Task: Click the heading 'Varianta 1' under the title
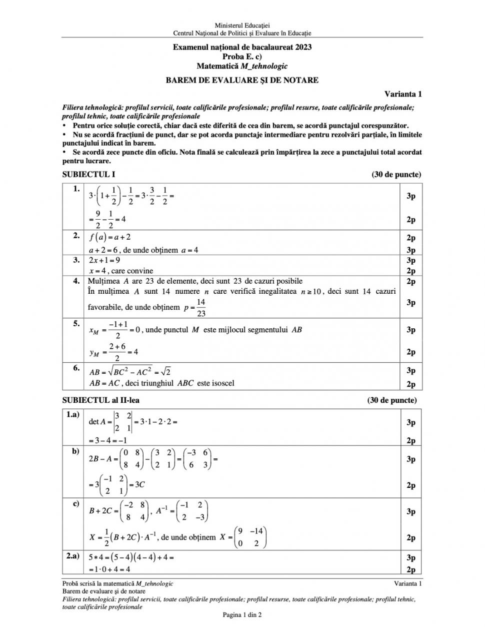(x=403, y=94)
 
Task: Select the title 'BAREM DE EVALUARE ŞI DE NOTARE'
(x=242, y=80)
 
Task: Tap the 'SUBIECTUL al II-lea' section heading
(x=104, y=400)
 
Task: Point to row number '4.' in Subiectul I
(x=76, y=281)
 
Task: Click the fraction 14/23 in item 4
(x=200, y=307)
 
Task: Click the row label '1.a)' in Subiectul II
(x=72, y=415)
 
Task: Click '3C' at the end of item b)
(x=139, y=484)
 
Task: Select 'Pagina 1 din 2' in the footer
(x=242, y=614)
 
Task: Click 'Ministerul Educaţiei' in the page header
(x=242, y=25)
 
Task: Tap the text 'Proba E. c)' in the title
(x=242, y=57)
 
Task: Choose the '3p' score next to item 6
(x=411, y=370)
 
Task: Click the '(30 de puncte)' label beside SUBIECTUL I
(x=396, y=174)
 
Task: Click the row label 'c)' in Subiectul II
(x=75, y=503)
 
